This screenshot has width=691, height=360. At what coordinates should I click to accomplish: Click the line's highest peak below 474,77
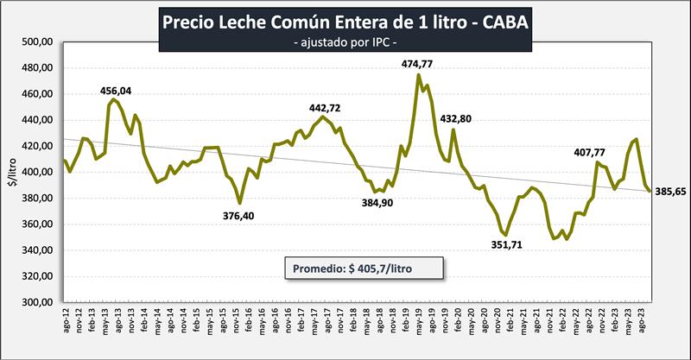pyautogui.click(x=419, y=75)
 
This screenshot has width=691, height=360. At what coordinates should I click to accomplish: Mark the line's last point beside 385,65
pyautogui.click(x=650, y=192)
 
